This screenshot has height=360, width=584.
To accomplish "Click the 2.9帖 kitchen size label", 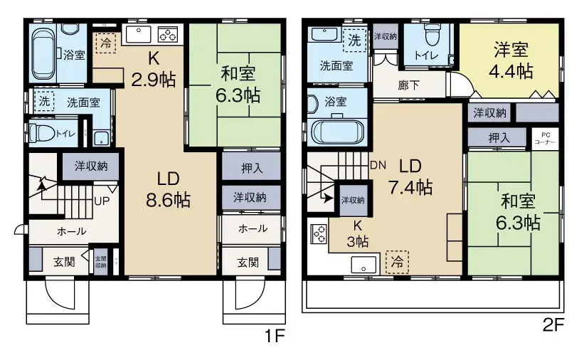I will [152, 77].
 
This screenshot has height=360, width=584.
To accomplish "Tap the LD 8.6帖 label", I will [168, 190].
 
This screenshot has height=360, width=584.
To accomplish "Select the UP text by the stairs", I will [102, 201].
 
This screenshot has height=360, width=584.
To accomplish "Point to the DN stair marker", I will [378, 165].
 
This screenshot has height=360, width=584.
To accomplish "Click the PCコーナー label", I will [546, 137].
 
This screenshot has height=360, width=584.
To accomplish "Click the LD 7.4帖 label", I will [410, 177].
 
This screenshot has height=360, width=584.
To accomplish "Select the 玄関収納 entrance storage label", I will [100, 261].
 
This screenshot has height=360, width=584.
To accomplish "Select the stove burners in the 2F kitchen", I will [319, 234].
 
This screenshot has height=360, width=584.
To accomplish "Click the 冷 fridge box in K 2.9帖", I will [105, 43].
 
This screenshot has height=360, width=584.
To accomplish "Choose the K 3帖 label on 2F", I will [357, 234].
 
